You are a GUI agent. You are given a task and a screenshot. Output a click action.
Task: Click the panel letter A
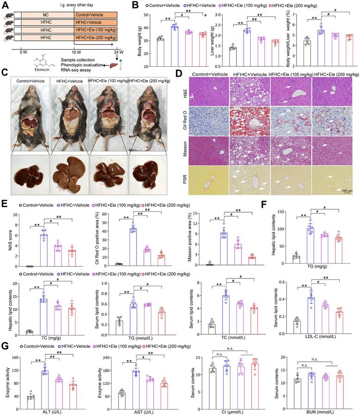click(5, 5)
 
